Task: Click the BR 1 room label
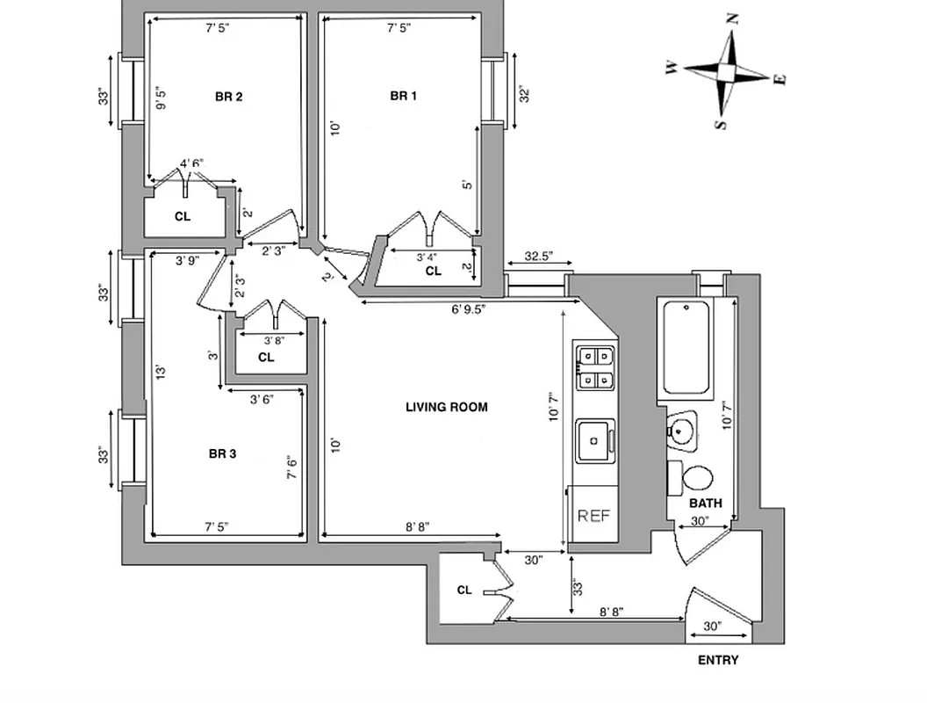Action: [403, 96]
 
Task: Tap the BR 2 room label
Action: [228, 97]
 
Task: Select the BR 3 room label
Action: [222, 454]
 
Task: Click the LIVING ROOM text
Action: [446, 407]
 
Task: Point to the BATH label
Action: [705, 504]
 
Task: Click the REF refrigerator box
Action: [593, 517]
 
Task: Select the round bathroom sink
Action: [681, 431]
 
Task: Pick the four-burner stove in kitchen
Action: [595, 367]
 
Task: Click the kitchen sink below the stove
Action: [595, 438]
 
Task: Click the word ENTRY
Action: [717, 660]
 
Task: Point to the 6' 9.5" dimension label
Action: [469, 308]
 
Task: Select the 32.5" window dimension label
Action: [539, 257]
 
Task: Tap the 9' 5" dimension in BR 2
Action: [161, 98]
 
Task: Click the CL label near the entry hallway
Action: [464, 591]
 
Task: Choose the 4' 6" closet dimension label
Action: [191, 163]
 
